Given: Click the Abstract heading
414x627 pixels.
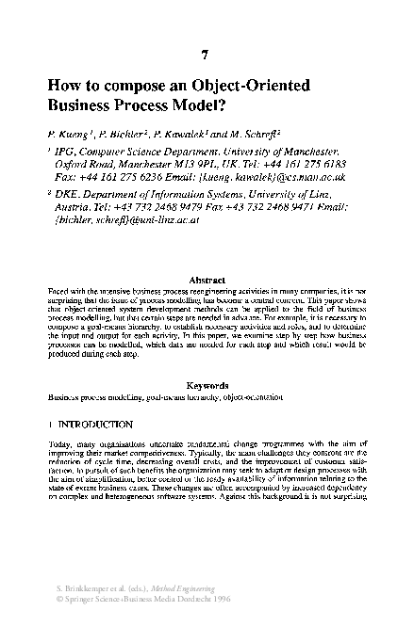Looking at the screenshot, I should tap(207, 281).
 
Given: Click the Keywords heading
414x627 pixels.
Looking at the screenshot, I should tap(207, 385).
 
